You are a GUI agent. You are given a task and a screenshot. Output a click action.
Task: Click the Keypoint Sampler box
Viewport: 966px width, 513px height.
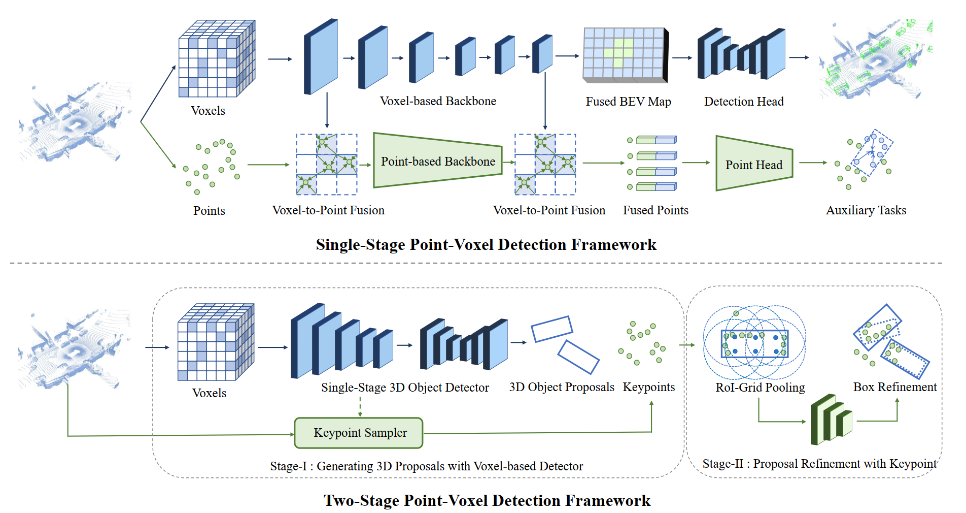coord(359,433)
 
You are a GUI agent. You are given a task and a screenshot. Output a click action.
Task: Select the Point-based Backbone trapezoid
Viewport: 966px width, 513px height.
coord(437,161)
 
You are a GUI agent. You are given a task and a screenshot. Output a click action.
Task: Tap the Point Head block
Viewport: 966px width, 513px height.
coord(754,164)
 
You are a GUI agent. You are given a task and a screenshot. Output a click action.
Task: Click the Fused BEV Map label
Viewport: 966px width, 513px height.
coord(628,102)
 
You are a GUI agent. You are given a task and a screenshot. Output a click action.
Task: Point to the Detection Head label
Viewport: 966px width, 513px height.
coord(744,102)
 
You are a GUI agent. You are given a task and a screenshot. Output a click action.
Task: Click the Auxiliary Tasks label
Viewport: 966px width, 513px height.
coord(866,210)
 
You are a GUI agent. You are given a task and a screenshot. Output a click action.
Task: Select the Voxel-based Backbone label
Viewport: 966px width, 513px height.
coord(438,101)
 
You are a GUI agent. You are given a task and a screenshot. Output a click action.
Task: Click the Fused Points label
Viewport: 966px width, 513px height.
coord(655,210)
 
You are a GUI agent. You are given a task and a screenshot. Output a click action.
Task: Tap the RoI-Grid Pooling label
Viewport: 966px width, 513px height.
coord(760,388)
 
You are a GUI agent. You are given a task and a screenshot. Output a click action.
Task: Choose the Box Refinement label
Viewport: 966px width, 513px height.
coord(894,387)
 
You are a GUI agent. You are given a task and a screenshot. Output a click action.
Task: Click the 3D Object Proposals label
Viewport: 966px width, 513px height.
coord(562,387)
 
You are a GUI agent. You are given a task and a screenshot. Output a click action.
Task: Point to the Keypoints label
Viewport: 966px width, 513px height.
coord(649,387)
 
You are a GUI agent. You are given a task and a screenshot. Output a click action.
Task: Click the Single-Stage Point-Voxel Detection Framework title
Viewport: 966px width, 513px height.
coord(486,245)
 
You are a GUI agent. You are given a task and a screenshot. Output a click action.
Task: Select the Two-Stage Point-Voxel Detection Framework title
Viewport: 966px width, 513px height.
coord(487,501)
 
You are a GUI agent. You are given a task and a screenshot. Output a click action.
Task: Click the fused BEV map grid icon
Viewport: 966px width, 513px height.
coord(625,55)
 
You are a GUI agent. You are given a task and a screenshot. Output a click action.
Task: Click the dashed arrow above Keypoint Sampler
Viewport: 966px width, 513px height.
coord(360,407)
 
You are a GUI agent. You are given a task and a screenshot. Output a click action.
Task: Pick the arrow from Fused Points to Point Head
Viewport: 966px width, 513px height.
coord(696,163)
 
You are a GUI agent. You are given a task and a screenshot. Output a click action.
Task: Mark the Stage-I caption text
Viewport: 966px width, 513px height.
coord(426,466)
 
